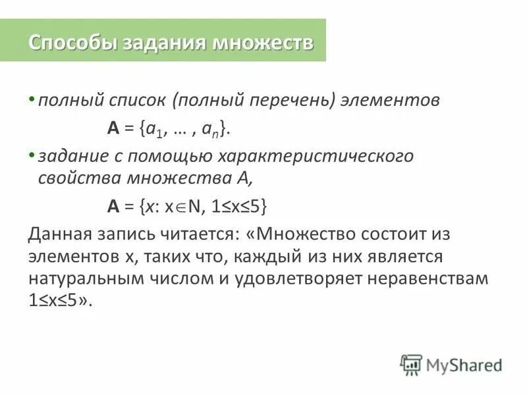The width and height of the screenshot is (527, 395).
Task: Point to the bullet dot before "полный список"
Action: (31, 100)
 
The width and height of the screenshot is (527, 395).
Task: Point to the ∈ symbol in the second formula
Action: (181, 206)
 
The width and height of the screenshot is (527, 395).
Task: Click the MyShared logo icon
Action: (410, 364)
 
